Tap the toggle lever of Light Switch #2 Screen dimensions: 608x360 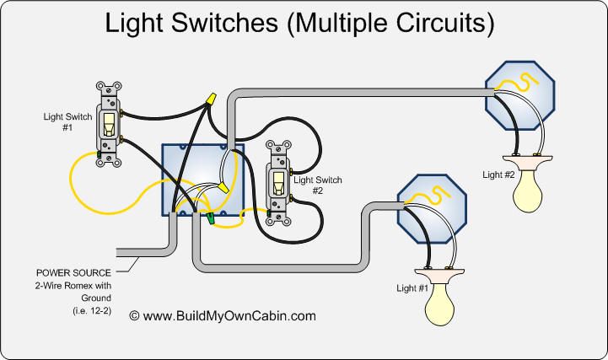tap(278, 183)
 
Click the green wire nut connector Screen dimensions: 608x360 tap(210, 218)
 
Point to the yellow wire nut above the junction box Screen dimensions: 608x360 tap(212, 99)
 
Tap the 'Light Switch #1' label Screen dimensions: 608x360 tap(67, 122)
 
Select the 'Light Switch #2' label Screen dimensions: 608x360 tap(318, 185)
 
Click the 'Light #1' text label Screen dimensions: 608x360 tap(412, 288)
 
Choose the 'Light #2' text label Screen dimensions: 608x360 tap(498, 175)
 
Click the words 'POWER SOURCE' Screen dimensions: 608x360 tap(73, 273)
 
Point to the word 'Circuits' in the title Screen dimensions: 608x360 tap(445, 24)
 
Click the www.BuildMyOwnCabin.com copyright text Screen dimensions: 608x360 tap(223, 316)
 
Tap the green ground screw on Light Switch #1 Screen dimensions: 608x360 tap(99, 154)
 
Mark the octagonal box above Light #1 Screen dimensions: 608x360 tap(432, 209)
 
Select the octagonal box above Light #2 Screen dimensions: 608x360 tap(520, 95)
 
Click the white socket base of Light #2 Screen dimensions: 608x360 tap(528, 163)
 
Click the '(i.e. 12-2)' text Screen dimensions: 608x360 tap(92, 311)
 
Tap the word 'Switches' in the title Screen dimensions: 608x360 tap(224, 23)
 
